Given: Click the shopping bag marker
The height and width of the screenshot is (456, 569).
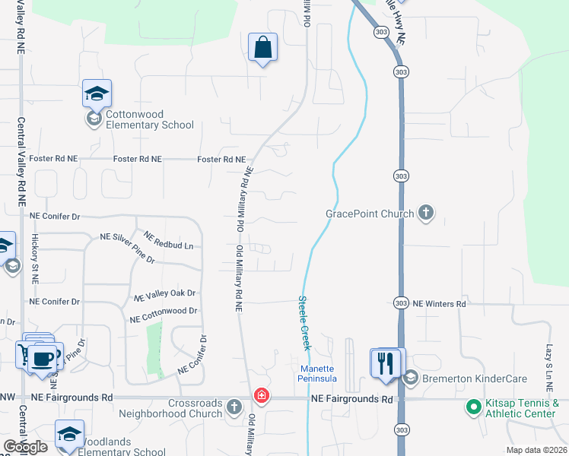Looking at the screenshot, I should (262, 48).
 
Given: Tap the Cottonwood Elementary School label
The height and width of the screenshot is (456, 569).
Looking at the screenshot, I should (149, 119).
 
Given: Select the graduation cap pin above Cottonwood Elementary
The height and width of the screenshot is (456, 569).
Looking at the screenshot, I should (97, 93).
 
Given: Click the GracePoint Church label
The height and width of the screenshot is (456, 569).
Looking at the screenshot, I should (370, 214).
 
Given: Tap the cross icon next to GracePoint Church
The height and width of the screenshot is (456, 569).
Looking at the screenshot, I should (426, 214).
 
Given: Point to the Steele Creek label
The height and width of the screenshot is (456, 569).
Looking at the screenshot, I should (304, 323).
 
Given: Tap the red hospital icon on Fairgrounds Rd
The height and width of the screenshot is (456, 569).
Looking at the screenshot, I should (261, 396).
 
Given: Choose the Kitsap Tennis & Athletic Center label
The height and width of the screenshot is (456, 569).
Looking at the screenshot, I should (523, 408).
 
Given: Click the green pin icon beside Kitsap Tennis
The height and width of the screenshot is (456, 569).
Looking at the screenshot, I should (474, 408).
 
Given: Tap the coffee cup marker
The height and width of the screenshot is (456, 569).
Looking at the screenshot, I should (45, 356).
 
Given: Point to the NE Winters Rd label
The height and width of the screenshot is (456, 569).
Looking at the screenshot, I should (439, 303).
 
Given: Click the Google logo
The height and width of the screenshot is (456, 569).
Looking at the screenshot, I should (26, 446).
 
